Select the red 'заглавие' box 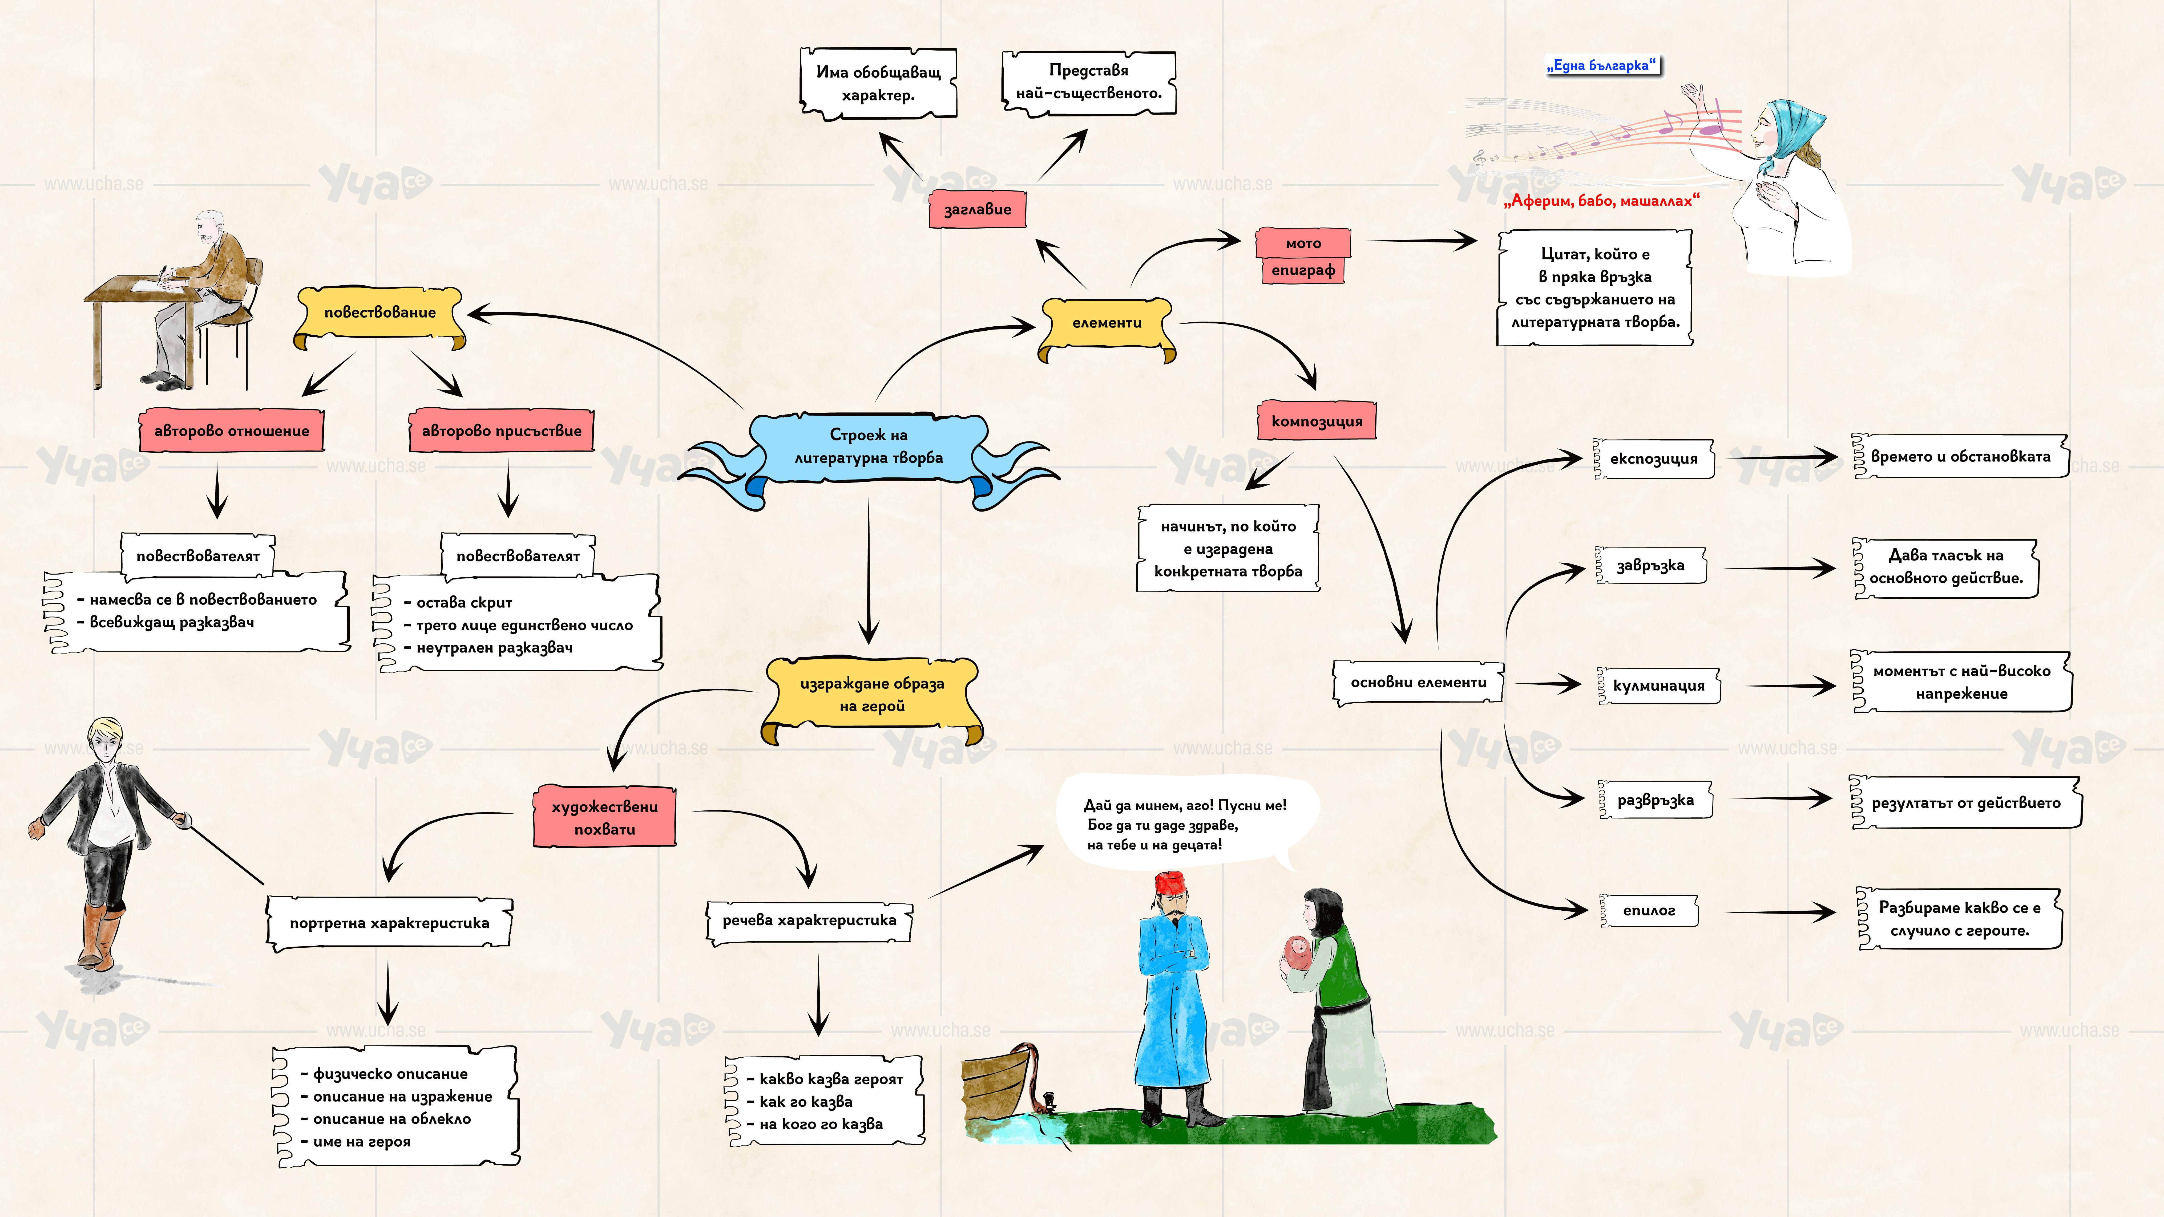977,209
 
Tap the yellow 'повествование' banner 380,313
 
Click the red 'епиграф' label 1303,270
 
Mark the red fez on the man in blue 1169,883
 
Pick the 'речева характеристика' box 809,920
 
